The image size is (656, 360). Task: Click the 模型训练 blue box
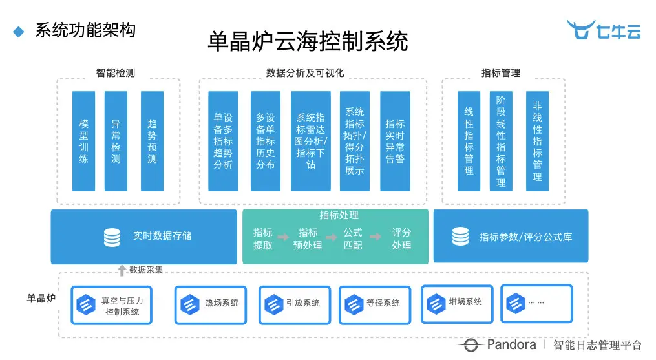(83, 141)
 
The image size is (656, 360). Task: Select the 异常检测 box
(116, 141)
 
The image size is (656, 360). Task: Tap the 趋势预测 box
(152, 141)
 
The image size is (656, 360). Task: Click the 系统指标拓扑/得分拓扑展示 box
(355, 141)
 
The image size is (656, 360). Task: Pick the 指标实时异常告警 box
(394, 141)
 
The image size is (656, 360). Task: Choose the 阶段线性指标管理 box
(501, 141)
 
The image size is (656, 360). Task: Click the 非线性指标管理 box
(537, 141)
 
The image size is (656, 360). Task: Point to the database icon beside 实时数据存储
(112, 237)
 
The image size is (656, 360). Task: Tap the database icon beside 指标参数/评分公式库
(460, 237)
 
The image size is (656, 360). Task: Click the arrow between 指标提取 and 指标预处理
(285, 238)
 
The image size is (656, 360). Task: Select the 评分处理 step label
(401, 238)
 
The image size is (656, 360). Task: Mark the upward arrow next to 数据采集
(121, 270)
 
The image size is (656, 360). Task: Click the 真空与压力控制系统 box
(112, 306)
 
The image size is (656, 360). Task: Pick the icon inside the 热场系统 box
(189, 302)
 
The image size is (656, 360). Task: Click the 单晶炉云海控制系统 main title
(308, 42)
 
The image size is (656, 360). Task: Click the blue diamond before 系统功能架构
(19, 30)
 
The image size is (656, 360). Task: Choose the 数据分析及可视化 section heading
(305, 73)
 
